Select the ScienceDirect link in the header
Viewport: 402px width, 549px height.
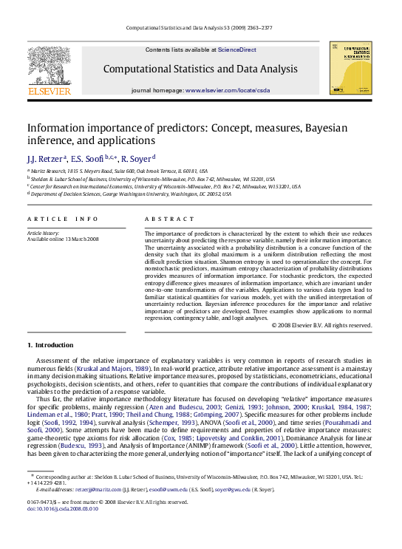click(236, 50)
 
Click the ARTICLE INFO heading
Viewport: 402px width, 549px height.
click(62, 219)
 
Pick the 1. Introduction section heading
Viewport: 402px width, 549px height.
click(50, 345)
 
